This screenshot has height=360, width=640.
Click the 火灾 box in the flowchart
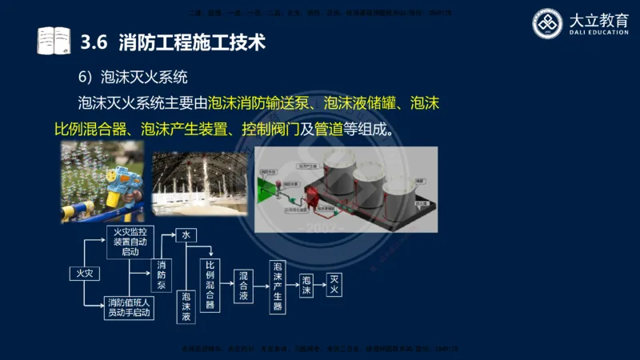(x=85, y=274)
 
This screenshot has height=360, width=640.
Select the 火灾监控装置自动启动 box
(x=128, y=241)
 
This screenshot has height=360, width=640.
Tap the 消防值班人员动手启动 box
(x=128, y=306)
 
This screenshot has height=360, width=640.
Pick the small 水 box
(x=186, y=235)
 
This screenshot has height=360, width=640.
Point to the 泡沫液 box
(x=186, y=306)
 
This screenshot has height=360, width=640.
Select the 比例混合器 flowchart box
(x=210, y=285)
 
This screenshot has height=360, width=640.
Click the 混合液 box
(x=243, y=286)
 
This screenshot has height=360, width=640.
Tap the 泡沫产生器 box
(x=278, y=286)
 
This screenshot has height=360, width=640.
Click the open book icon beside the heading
(x=54, y=40)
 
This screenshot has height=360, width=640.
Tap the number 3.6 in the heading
(x=95, y=40)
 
